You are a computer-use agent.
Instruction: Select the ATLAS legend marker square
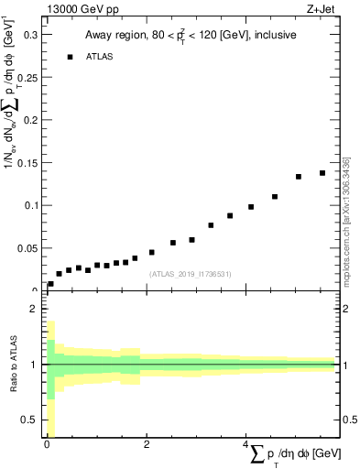click(x=70, y=57)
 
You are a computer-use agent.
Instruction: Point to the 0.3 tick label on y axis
click(x=30, y=34)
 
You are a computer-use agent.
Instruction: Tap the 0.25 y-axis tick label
click(x=27, y=77)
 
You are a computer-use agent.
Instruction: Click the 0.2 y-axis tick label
click(x=30, y=120)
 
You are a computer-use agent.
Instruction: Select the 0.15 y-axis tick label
click(x=27, y=163)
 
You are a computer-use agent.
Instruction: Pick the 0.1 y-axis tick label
click(x=30, y=205)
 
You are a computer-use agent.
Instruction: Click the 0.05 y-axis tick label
click(x=27, y=248)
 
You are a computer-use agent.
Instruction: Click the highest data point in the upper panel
click(x=322, y=173)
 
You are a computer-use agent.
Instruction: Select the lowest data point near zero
click(x=50, y=284)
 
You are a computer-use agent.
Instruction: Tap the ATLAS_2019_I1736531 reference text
click(x=191, y=274)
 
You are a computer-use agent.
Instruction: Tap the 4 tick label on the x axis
click(x=245, y=445)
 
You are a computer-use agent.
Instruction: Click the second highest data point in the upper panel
click(x=299, y=177)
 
